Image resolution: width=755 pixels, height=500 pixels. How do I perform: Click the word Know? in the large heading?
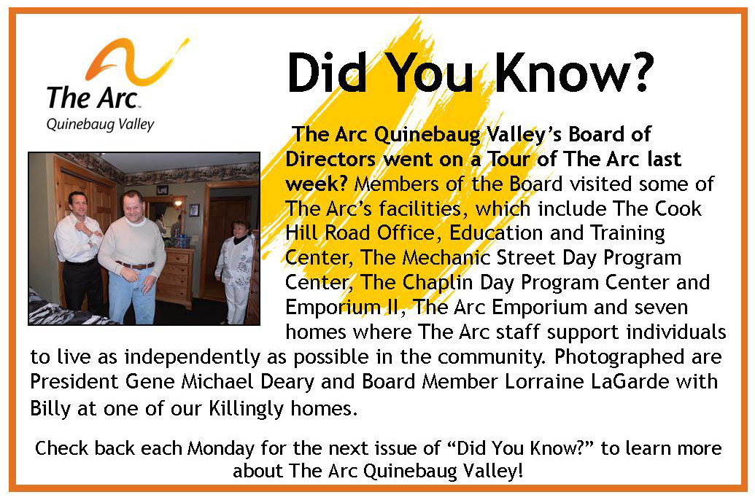(574, 72)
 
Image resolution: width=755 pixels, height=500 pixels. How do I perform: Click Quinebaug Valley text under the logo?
(100, 125)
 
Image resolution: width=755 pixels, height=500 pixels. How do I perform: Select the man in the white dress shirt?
(80, 250)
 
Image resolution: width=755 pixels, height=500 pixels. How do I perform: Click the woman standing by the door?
(236, 272)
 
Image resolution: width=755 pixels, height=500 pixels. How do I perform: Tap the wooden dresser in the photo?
(174, 277)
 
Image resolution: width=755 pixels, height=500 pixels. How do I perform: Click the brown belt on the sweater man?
(135, 265)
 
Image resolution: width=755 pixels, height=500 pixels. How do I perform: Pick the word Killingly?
(246, 409)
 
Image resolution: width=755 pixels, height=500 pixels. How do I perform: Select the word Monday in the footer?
(220, 448)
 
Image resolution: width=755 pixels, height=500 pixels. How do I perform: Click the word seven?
(661, 308)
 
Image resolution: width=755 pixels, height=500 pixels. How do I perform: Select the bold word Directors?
(330, 160)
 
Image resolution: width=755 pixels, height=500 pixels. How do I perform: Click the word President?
(74, 382)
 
